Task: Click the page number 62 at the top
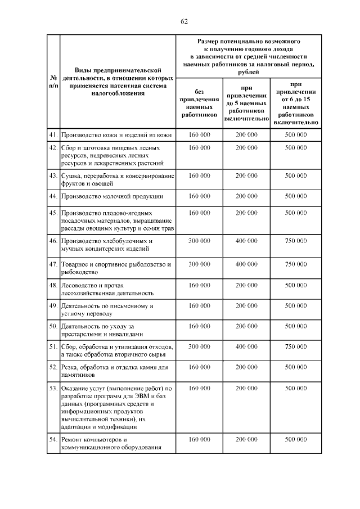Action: click(x=183, y=21)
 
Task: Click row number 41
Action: click(x=53, y=135)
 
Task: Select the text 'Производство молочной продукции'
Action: click(x=112, y=196)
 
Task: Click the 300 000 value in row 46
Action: click(x=200, y=240)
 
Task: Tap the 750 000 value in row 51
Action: click(x=296, y=346)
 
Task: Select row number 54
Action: click(x=53, y=439)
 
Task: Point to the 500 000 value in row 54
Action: click(x=296, y=439)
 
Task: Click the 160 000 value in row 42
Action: click(x=200, y=147)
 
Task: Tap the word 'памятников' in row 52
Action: click(x=78, y=375)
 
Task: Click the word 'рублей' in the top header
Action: click(x=248, y=72)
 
